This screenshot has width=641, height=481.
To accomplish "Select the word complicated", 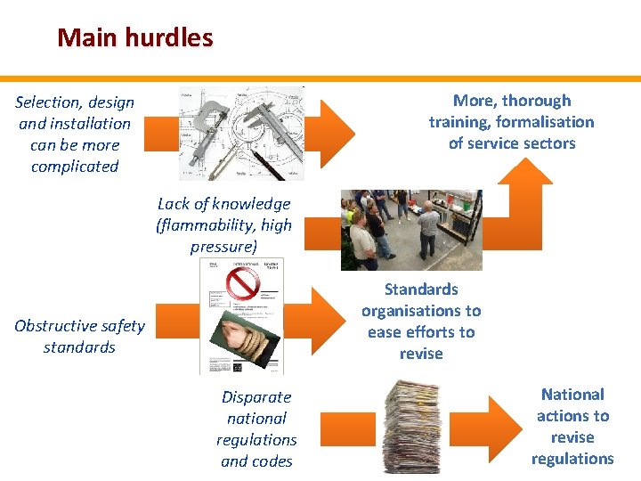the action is coord(75,167).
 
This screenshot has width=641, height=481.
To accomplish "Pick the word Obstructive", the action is coord(55,326).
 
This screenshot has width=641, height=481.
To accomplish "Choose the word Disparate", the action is coord(256,397).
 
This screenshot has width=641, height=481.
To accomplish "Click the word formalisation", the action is coord(545,122).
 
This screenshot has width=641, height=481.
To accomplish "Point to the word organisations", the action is coord(421,311).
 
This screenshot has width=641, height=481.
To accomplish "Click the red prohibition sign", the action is coord(242,283).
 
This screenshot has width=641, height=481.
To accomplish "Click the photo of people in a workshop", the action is coord(411,230).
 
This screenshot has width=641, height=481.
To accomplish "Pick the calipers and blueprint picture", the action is coord(241,133).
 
